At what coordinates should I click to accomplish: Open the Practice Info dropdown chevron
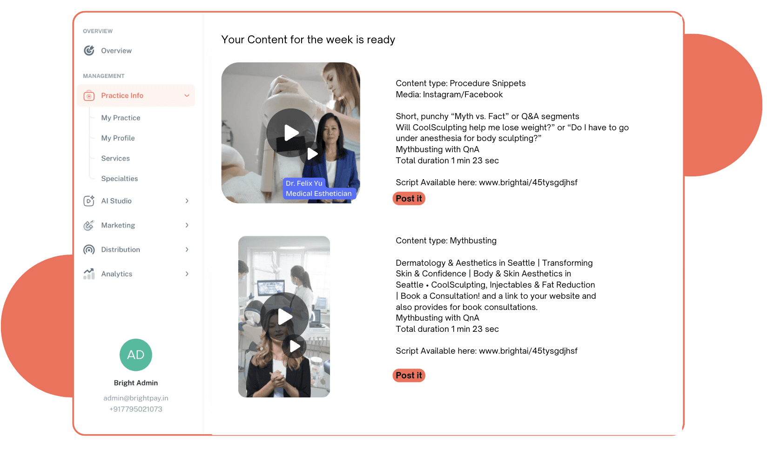tap(187, 95)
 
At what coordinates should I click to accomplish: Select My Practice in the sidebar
tap(121, 118)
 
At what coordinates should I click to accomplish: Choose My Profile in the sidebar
tap(118, 138)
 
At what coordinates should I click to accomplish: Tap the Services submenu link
tap(115, 158)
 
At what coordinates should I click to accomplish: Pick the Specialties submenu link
tap(120, 178)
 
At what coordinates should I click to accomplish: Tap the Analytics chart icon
tap(89, 274)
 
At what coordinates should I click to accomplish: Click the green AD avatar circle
tap(135, 355)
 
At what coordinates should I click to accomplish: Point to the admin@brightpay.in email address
tap(136, 398)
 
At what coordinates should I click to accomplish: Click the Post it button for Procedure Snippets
tap(409, 199)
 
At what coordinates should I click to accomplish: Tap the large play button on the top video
tap(291, 133)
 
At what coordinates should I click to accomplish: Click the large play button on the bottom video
tap(284, 316)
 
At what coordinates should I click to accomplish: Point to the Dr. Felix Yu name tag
tap(304, 183)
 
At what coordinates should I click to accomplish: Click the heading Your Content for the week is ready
tap(308, 40)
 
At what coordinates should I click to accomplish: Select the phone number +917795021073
tap(136, 409)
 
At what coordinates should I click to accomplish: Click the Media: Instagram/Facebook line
tap(449, 94)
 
